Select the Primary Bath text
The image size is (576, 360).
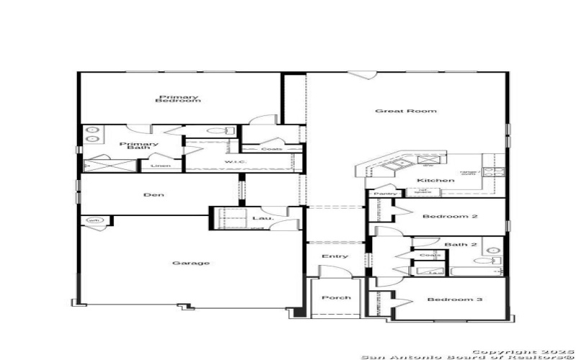(138, 145)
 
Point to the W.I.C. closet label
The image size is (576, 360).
(235, 162)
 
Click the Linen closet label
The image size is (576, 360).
(161, 166)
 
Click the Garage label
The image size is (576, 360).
(191, 263)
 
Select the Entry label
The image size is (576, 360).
(336, 256)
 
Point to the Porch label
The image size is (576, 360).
(336, 297)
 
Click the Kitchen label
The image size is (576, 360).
(436, 180)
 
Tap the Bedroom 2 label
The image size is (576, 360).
(441, 217)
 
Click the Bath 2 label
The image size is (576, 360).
(460, 245)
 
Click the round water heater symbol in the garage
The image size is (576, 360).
(94, 220)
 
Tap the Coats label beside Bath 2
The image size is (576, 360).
(430, 255)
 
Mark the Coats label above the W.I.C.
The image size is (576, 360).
(271, 149)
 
